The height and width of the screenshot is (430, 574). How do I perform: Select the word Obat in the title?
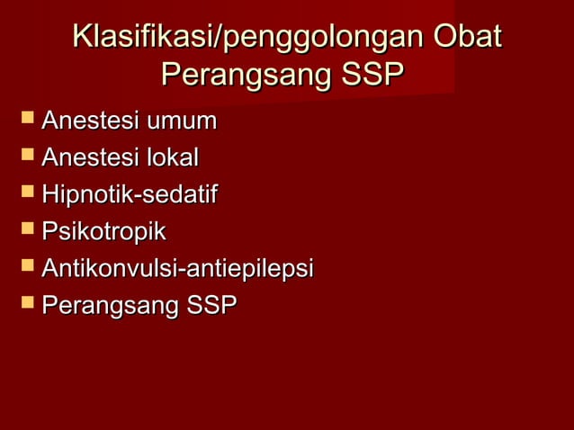tap(466, 39)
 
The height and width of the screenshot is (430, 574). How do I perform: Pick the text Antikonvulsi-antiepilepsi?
tap(177, 269)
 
